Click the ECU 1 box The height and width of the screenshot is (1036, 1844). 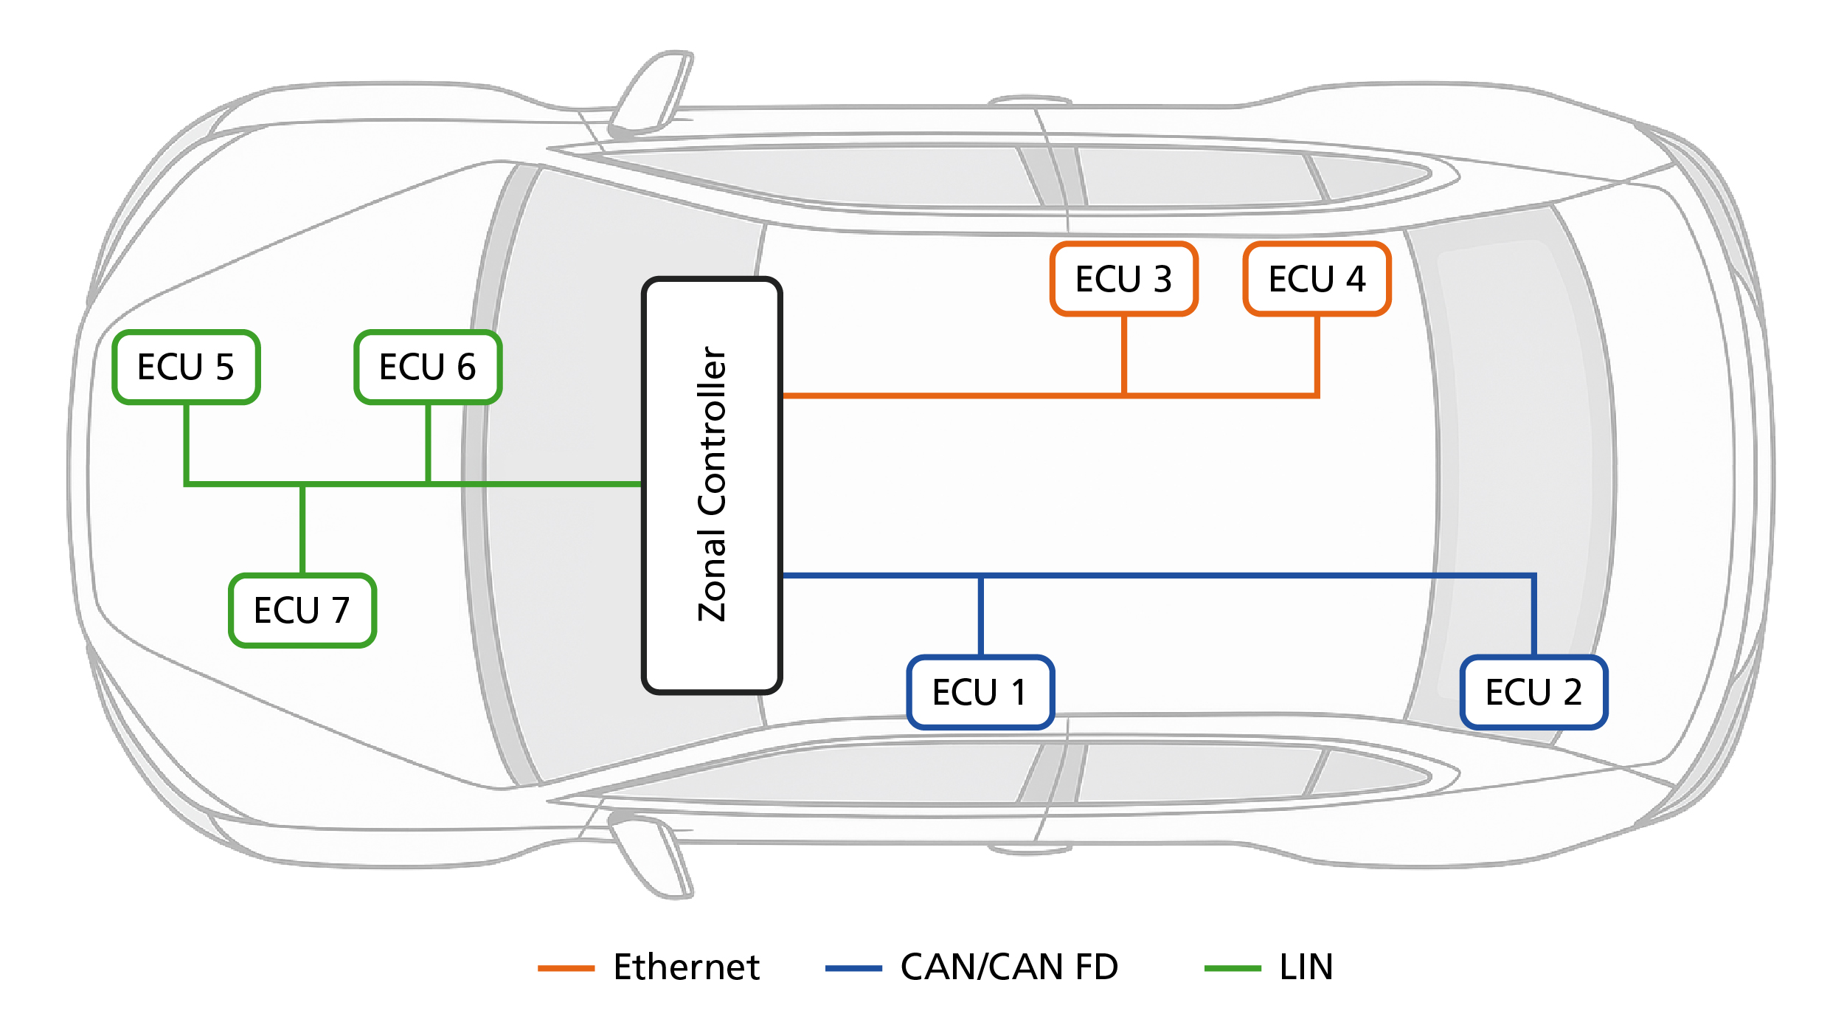click(980, 692)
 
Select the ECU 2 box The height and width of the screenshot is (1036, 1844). click(1533, 692)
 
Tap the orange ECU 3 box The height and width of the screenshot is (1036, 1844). click(1123, 279)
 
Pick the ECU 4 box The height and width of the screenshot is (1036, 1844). click(1317, 279)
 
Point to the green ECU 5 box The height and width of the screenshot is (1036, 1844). click(186, 367)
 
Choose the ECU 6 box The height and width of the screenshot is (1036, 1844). click(428, 367)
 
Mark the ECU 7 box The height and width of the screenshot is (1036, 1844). click(302, 610)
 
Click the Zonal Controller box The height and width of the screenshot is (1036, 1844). click(712, 486)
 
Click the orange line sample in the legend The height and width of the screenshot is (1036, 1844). click(566, 968)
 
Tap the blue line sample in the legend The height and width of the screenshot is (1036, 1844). click(853, 968)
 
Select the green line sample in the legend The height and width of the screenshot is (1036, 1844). click(1233, 968)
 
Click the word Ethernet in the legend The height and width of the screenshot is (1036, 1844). click(686, 967)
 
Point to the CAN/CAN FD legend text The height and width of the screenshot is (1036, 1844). click(1009, 967)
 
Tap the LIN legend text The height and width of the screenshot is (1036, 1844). click(1306, 967)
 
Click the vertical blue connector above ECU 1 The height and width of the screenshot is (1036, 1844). click(980, 615)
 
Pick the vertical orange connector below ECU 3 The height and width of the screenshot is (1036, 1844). click(1123, 354)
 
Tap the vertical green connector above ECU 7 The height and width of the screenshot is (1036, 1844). click(302, 529)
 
